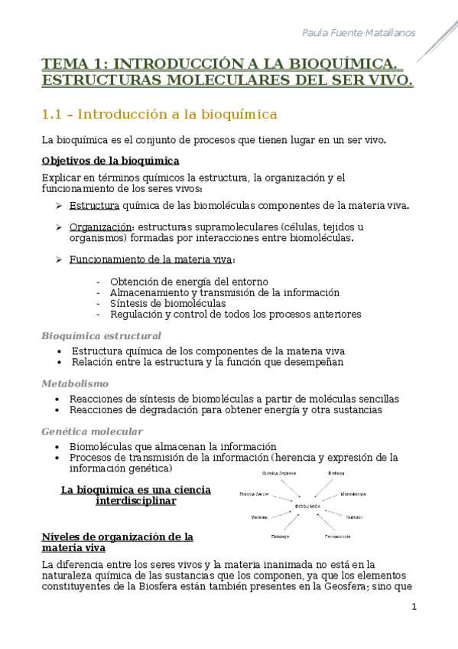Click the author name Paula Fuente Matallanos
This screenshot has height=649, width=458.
coord(359,32)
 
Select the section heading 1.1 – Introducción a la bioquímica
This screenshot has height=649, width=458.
coord(159,115)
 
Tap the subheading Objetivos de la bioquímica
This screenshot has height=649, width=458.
coord(110,161)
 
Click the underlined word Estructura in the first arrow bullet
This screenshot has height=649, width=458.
coord(94,205)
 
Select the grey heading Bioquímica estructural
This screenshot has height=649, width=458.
coord(101,336)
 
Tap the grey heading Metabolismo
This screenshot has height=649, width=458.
coord(75,383)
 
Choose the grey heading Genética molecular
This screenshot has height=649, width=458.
coord(92,432)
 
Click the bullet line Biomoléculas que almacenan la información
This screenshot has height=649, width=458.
coord(172,447)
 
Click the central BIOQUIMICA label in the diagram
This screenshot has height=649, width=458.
coord(307,507)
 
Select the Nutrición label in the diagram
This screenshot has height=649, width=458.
coord(354,517)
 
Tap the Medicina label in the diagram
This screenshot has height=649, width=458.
coord(259,518)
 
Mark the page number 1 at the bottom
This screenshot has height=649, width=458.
coord(414,607)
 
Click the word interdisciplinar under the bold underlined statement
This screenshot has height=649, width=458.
coord(136,501)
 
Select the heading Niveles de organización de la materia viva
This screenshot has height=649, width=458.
coord(117,542)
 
